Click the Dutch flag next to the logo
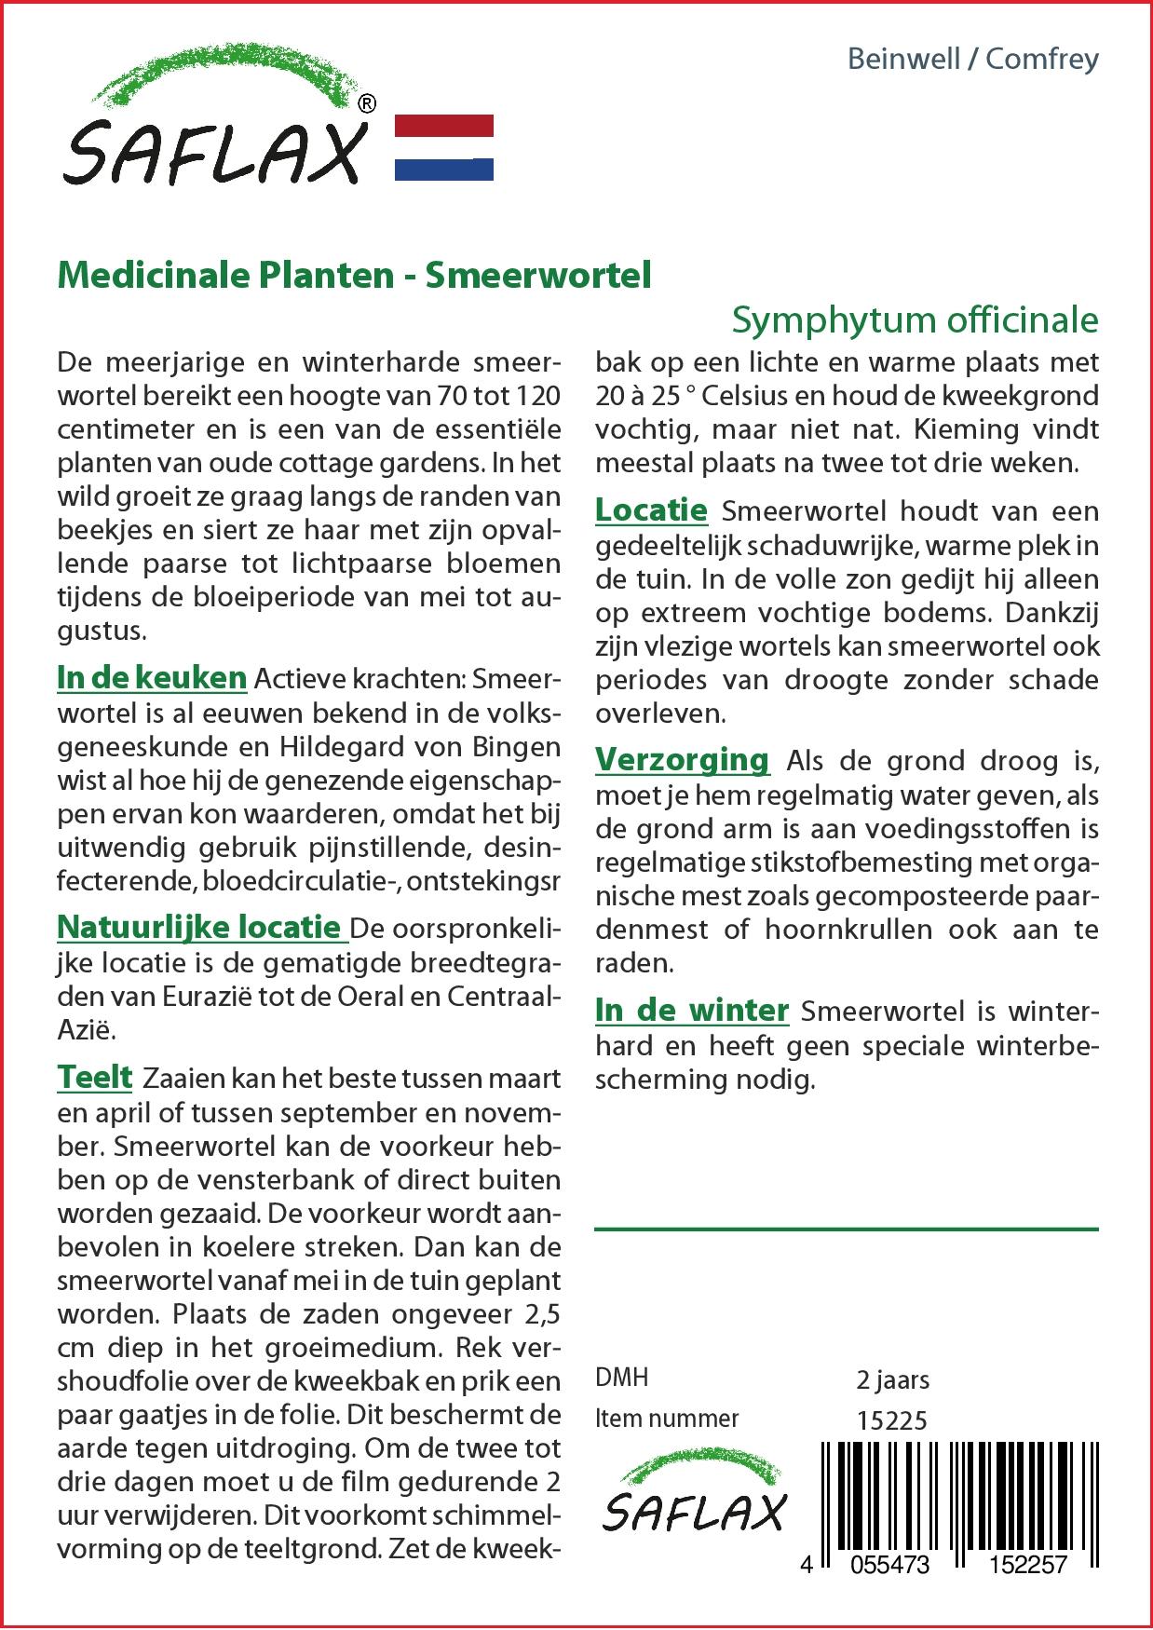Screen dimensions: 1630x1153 pos(444,147)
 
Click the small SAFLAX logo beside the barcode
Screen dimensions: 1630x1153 pos(693,1496)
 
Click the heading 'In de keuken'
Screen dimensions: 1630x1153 pos(152,678)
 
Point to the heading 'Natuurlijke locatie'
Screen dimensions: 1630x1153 pos(199,927)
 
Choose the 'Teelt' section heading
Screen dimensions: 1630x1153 pos(95,1078)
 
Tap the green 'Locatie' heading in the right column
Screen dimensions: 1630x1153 pos(651,510)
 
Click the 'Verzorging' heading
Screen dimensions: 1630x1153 pos(682,760)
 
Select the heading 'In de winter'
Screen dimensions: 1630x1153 pos(692,1011)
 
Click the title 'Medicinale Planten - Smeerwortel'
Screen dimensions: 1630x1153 pos(354,276)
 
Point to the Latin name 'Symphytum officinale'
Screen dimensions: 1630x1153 pos(915,320)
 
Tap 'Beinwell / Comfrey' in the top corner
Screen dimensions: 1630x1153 pos(972,60)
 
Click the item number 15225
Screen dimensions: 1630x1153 pos(891,1419)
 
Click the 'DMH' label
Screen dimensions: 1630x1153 pos(621,1379)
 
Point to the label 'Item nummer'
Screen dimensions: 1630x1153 pos(667,1419)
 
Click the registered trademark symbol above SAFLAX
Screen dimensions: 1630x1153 pos(367,104)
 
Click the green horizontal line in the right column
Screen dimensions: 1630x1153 pos(846,1229)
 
